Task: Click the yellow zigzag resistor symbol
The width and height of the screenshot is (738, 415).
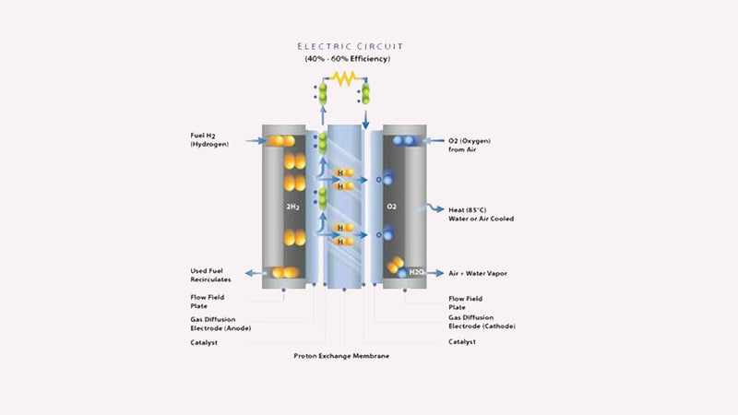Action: coord(344,80)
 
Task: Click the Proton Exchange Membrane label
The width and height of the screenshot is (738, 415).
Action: coord(342,356)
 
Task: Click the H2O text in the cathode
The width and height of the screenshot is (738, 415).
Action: coord(416,272)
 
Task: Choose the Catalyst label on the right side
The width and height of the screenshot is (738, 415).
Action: coord(463,342)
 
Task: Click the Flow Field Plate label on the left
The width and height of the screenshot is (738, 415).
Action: coord(208,302)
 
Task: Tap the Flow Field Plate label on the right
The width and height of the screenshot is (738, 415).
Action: coord(464,302)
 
